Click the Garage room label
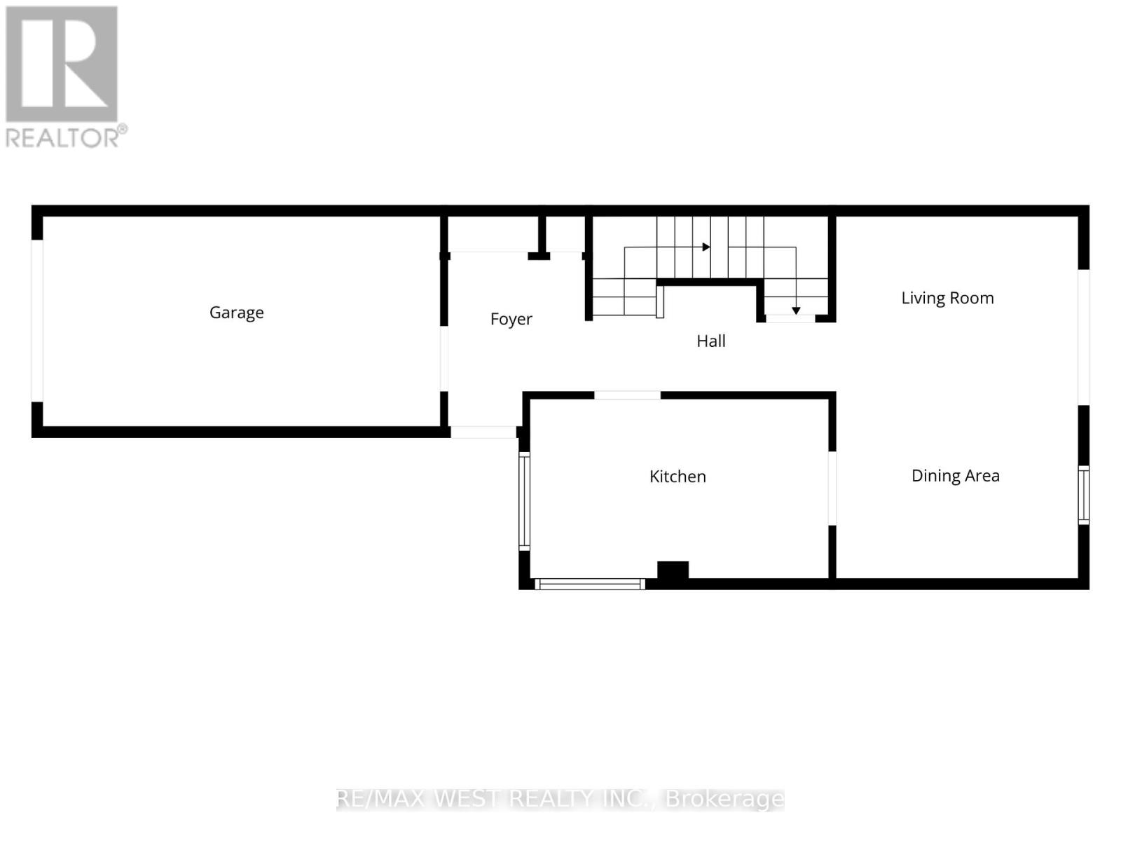[236, 313]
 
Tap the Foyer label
[511, 319]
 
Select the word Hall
[710, 341]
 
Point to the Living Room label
[947, 298]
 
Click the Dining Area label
[955, 476]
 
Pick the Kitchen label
[678, 477]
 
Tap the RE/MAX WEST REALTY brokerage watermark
[560, 799]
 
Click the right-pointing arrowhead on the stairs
[706, 247]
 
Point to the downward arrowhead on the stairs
[796, 310]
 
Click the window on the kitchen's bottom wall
[590, 584]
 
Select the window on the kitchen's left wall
[524, 500]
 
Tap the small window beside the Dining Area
[1083, 495]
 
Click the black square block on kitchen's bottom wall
[673, 570]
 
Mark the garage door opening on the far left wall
[37, 321]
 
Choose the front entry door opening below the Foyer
[483, 432]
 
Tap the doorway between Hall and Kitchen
[627, 395]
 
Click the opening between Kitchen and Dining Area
[832, 488]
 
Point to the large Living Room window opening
[1083, 337]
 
